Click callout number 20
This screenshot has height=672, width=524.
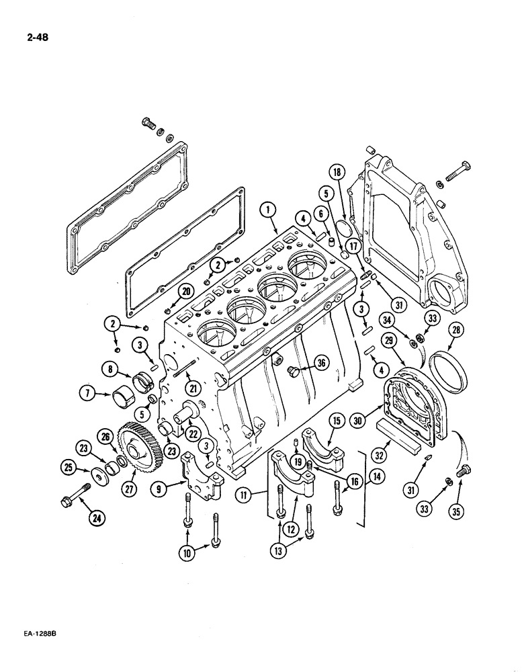[x=167, y=291]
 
